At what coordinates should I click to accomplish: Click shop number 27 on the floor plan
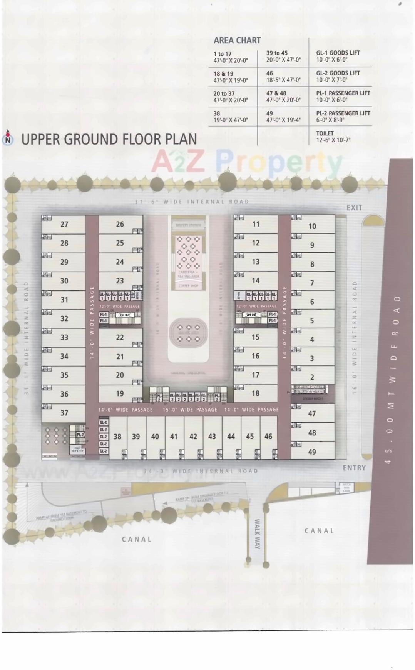64,224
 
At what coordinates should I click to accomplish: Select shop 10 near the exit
312,226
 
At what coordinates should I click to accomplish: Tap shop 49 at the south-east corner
312,452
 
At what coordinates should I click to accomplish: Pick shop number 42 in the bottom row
193,437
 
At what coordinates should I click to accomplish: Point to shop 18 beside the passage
256,393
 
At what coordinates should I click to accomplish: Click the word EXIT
354,208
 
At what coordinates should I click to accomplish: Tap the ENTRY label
354,468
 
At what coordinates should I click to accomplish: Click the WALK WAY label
257,534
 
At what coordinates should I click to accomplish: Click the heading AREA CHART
237,40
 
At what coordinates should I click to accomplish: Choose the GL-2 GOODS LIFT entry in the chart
338,76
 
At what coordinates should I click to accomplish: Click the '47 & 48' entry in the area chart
283,96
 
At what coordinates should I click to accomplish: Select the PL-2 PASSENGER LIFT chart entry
343,116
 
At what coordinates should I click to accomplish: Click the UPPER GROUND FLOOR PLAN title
109,139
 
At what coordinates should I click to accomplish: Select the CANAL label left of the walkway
137,539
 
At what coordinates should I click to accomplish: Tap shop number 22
120,337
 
